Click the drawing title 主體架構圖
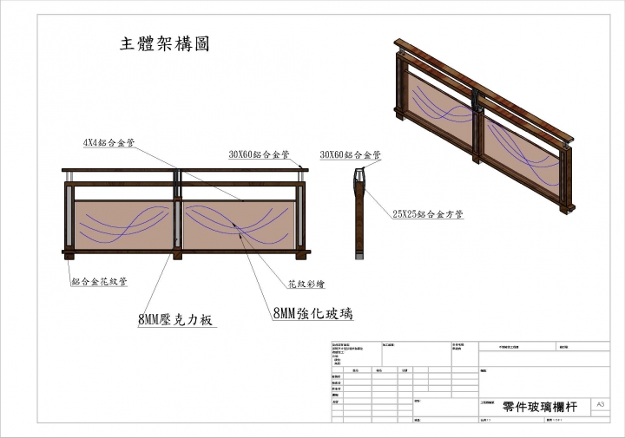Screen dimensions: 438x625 pos(164,43)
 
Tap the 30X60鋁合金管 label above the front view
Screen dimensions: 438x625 pos(259,154)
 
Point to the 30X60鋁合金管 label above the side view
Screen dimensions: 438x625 pos(351,154)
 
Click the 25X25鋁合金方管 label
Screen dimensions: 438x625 pos(428,213)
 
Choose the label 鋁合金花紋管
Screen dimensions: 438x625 pos(100,281)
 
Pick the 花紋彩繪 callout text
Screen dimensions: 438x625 pos(306,284)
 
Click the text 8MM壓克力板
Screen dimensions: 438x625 pos(175,319)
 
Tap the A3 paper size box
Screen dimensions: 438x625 pos(601,404)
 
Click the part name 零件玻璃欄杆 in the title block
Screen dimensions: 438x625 pos(539,406)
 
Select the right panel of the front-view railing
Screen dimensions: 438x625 pos(239,224)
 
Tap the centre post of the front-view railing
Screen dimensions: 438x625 pos(178,217)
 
